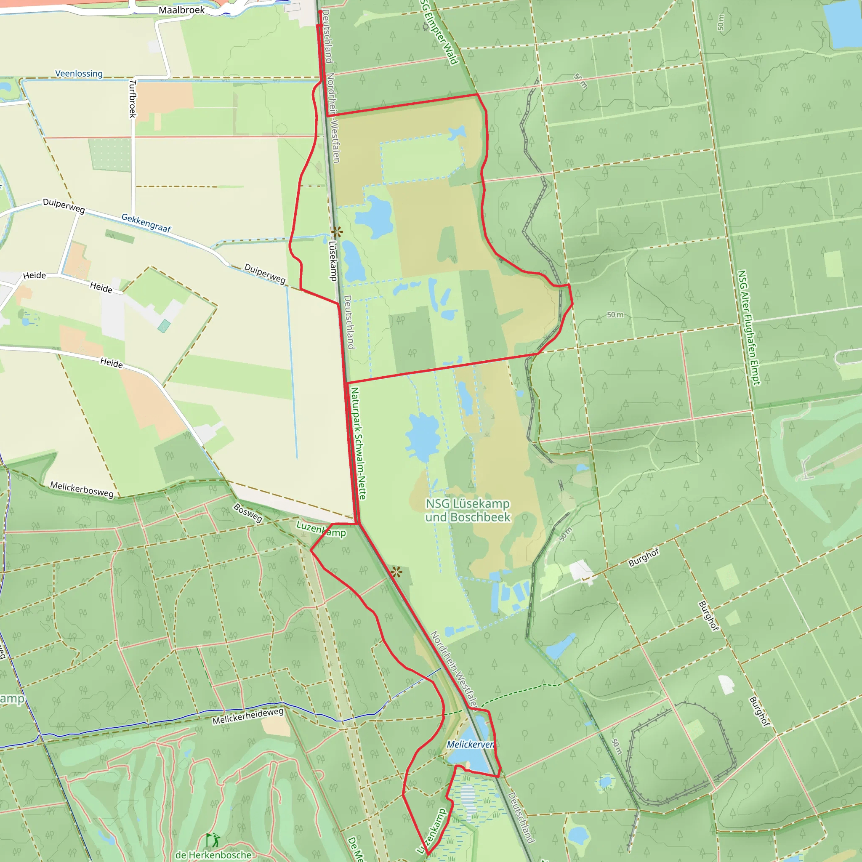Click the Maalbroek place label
pos(181,10)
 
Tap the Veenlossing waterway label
pos(79,74)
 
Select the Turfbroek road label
pos(133,98)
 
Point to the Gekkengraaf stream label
pos(146,223)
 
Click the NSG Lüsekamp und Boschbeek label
pos(467,510)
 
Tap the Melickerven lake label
pos(470,744)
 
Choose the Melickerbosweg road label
pos(82,489)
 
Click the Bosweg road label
pos(248,513)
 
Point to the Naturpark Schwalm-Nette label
pos(358,443)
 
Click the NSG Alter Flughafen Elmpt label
pos(748,327)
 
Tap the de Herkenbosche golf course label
pos(213,855)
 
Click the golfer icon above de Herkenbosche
pos(214,840)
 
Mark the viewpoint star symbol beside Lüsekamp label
pos(337,232)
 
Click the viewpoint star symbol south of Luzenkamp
pos(396,572)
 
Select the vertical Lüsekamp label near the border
pos(333,261)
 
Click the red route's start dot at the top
pos(320,12)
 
